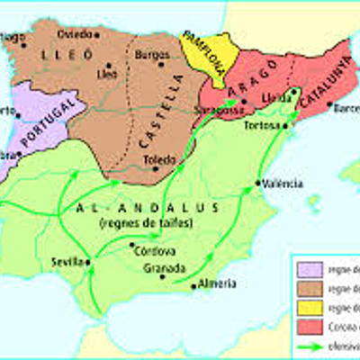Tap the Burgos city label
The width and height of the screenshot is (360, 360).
[x=151, y=55]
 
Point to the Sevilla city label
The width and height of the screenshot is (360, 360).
[x=68, y=261]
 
